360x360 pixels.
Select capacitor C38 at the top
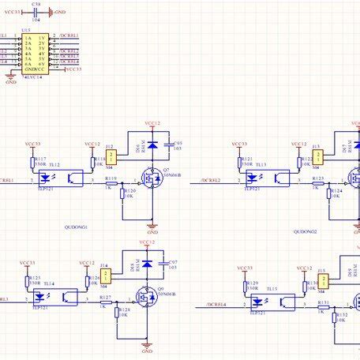(x=36, y=13)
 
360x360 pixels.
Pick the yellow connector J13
(x=317, y=156)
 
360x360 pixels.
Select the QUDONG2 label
(x=305, y=231)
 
